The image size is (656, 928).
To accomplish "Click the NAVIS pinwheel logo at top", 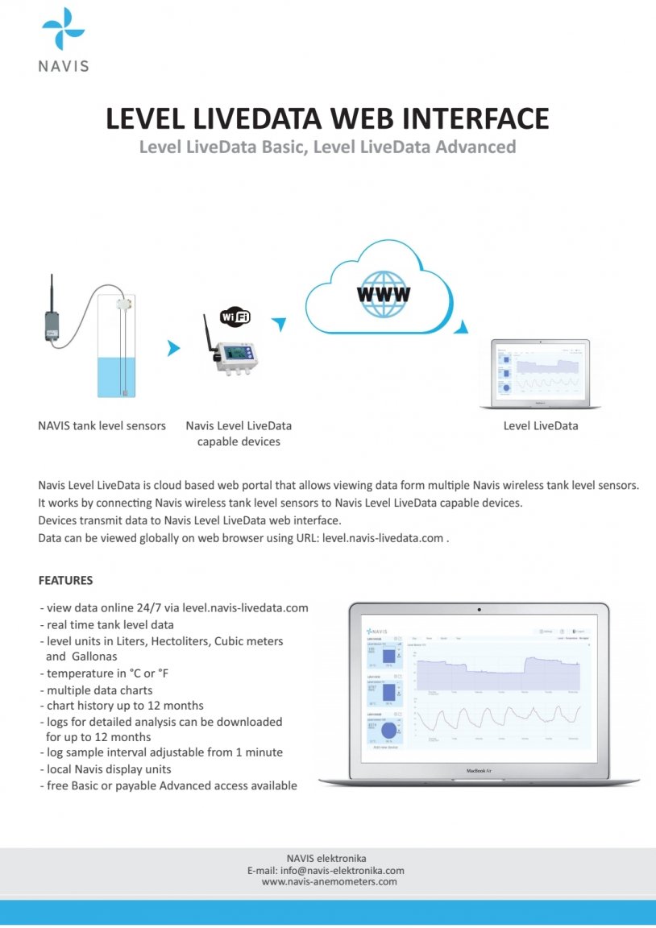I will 63,28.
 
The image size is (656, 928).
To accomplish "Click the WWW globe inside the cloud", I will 383,292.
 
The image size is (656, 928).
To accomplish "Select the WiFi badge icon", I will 235,316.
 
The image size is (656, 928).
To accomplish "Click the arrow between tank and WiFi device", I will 172,348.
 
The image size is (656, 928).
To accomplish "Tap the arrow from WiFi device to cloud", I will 279,324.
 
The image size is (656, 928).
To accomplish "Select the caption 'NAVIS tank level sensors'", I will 102,425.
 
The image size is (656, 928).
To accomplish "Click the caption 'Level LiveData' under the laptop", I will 540,425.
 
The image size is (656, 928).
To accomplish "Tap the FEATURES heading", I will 65,580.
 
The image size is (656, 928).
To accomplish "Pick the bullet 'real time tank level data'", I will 110,625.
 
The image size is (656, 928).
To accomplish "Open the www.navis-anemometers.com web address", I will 330,882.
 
